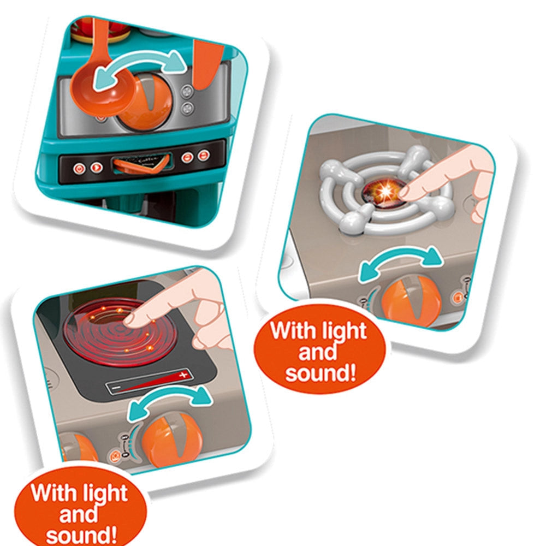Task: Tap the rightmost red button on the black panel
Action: click(204, 155)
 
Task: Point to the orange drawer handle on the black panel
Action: click(141, 164)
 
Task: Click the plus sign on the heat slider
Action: click(183, 375)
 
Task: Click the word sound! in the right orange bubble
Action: click(321, 373)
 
